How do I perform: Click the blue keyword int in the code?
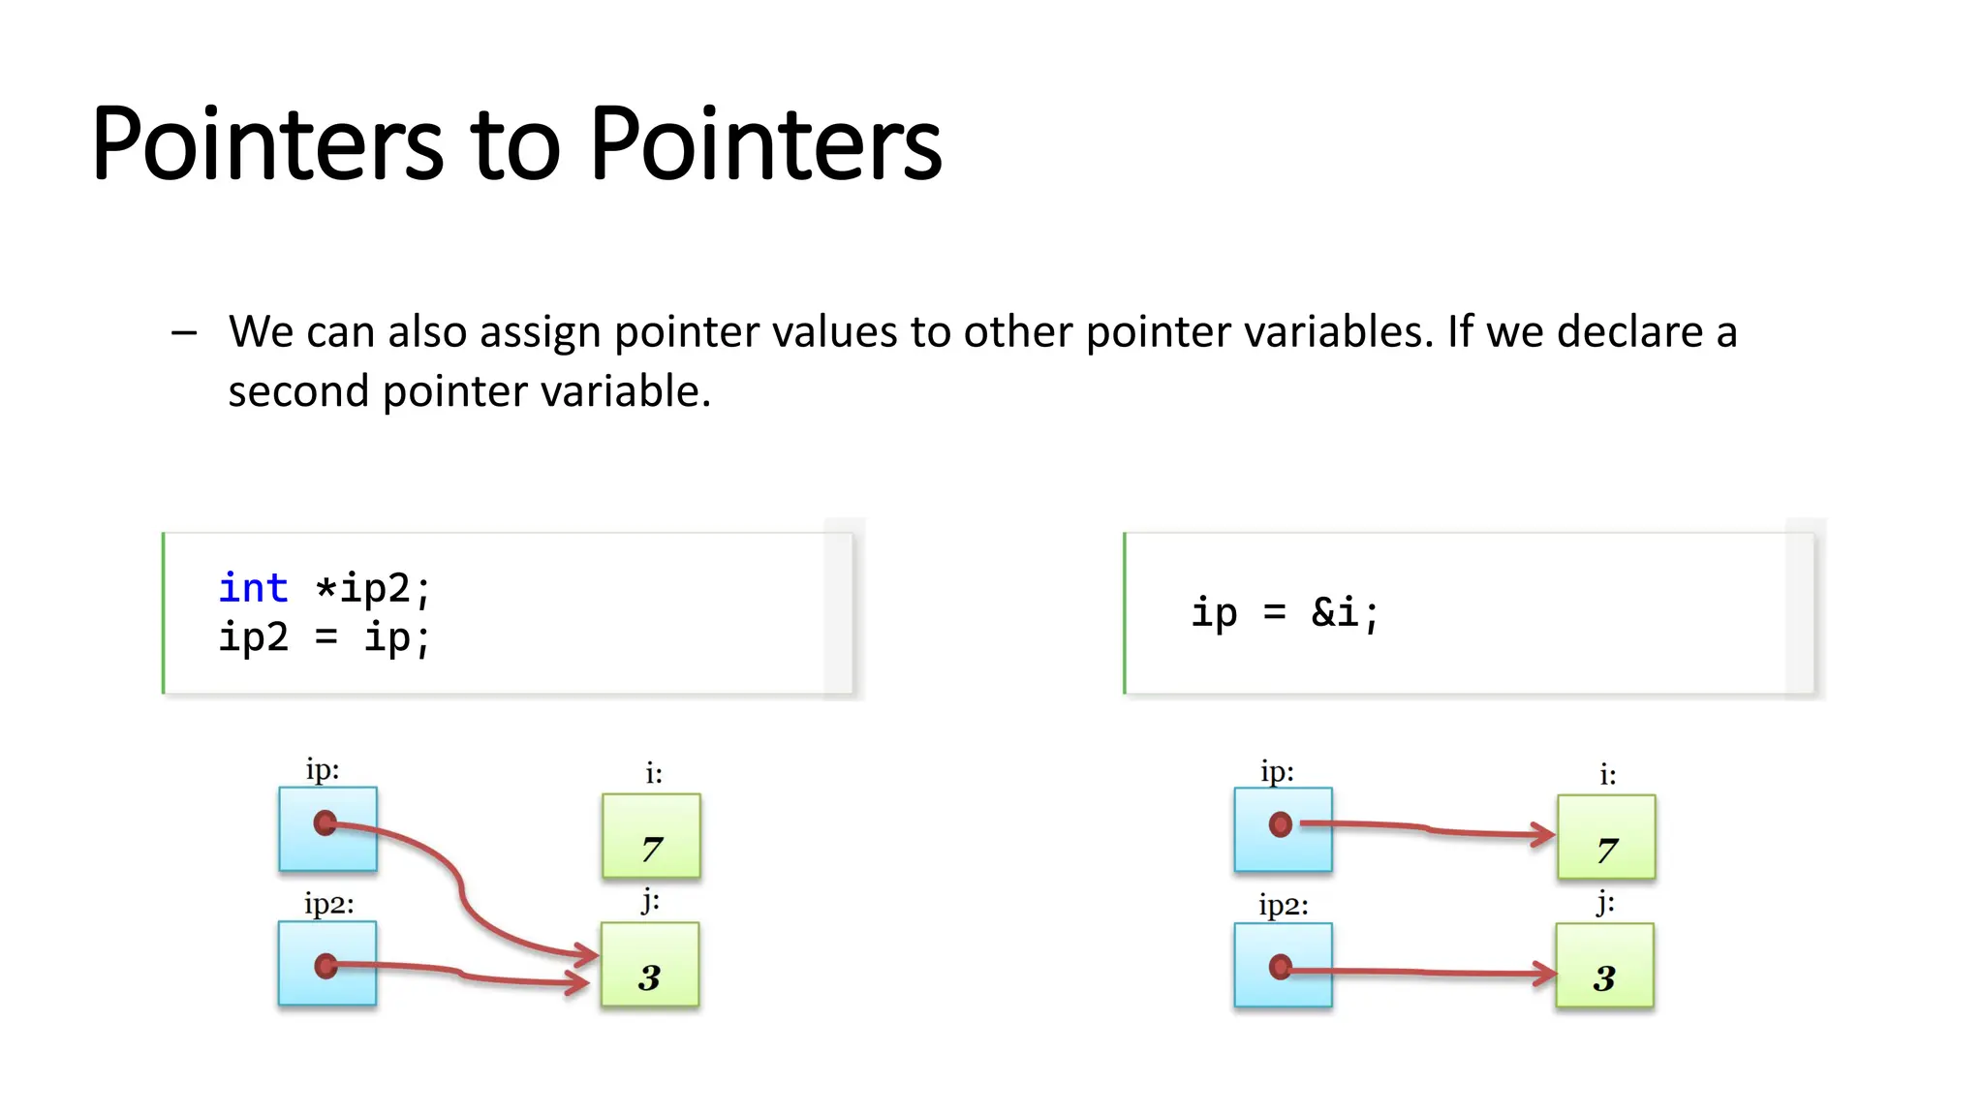click(253, 588)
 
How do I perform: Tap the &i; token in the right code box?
click(1345, 612)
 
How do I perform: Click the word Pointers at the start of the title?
click(266, 145)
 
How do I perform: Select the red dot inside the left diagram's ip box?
click(325, 823)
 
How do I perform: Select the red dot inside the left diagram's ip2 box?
click(326, 966)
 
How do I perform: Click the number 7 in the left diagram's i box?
click(652, 850)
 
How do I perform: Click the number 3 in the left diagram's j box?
click(649, 977)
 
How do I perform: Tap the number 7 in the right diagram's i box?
click(1607, 851)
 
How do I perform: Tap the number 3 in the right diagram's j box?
click(1604, 978)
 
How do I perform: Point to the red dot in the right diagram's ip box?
click(1281, 824)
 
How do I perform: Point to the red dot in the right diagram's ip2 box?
click(1281, 967)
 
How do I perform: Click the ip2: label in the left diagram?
click(328, 905)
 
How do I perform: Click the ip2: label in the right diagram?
click(1284, 907)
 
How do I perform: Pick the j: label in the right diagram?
click(1605, 903)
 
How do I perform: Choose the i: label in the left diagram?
click(654, 773)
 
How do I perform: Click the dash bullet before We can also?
click(184, 333)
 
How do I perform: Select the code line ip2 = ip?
click(324, 638)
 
